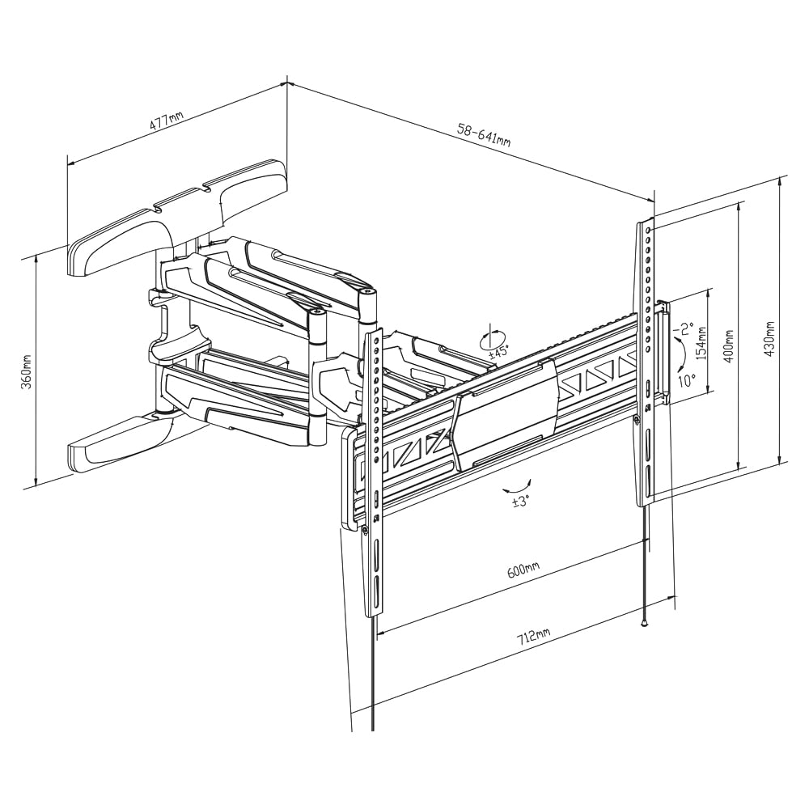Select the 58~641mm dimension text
click(484, 134)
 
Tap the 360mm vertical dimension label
click(26, 372)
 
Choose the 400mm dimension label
click(729, 345)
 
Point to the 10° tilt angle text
click(686, 379)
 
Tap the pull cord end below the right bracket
click(645, 623)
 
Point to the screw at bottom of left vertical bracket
click(366, 530)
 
